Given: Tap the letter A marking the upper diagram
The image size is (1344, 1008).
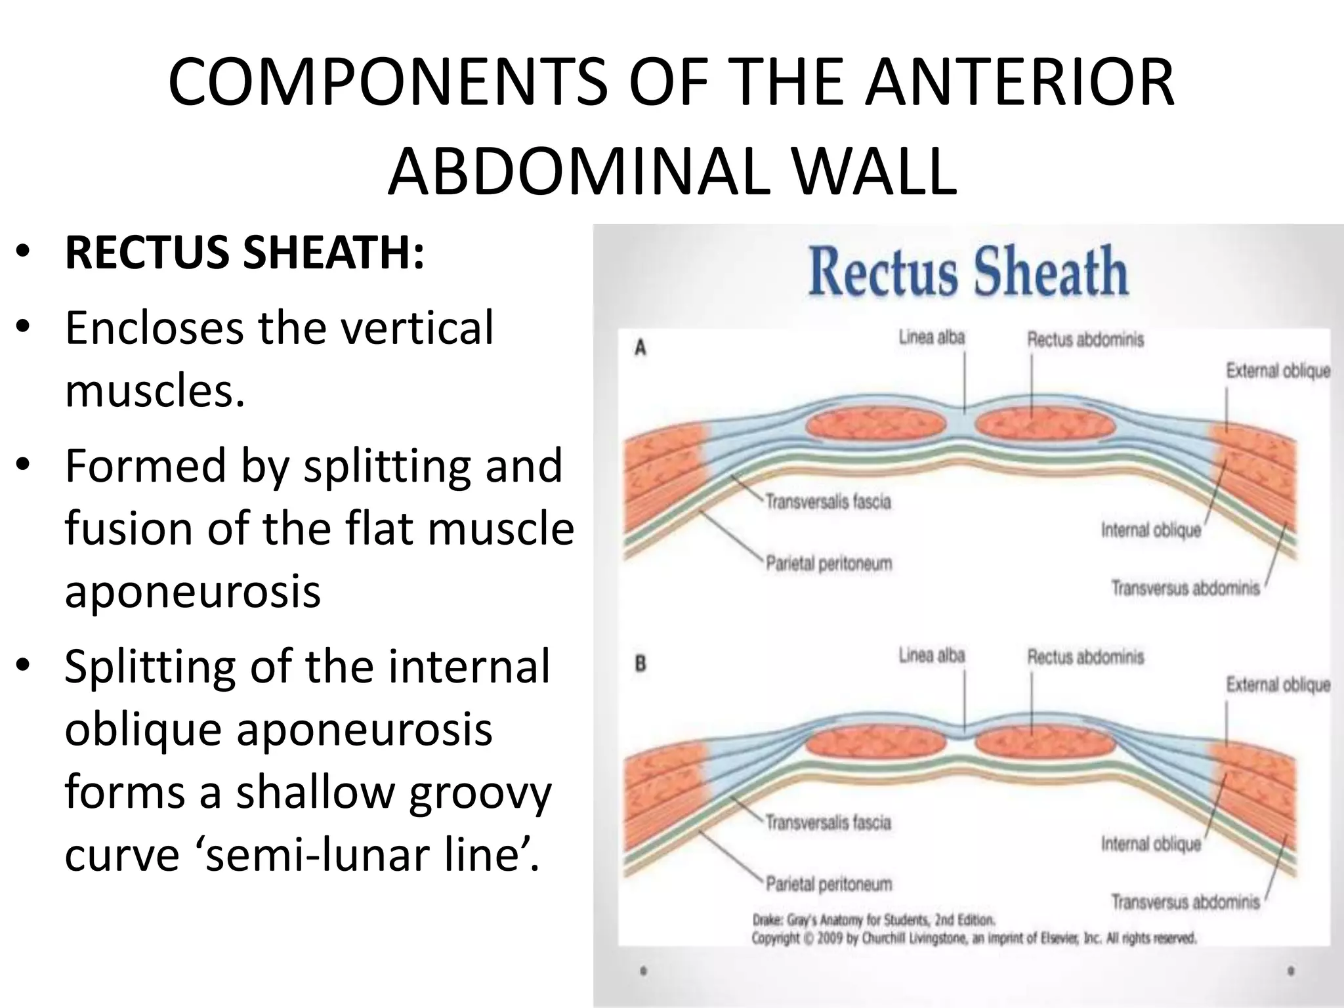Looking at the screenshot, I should [640, 348].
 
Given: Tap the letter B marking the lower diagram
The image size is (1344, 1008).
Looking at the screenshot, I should [640, 663].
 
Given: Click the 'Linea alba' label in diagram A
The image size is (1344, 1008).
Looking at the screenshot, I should [931, 337].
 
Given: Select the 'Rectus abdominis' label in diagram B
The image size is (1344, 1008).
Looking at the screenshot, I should [1085, 656].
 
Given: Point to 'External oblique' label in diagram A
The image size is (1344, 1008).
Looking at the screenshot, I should [1278, 371].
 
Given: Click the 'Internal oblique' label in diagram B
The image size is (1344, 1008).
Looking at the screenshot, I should [1150, 844].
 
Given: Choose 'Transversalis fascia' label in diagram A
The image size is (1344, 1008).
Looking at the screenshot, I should [828, 502].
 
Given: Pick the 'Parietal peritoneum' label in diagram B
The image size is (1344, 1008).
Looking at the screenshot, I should [828, 884].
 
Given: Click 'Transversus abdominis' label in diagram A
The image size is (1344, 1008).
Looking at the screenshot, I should [1185, 587].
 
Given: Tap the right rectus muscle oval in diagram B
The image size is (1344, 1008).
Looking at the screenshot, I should [1045, 744].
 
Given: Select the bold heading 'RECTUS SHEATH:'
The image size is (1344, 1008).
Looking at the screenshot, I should [245, 254].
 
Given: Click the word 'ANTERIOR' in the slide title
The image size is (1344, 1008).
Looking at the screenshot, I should [1018, 84].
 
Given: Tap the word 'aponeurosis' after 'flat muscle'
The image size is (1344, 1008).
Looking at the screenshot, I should [192, 591].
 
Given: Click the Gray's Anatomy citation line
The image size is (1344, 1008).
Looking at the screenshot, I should [873, 920].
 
